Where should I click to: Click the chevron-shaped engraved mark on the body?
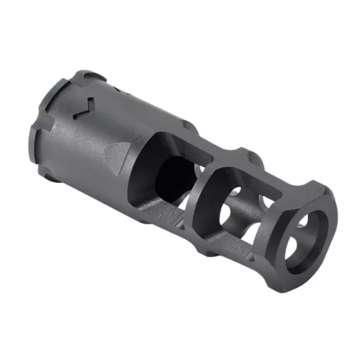[85, 107]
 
